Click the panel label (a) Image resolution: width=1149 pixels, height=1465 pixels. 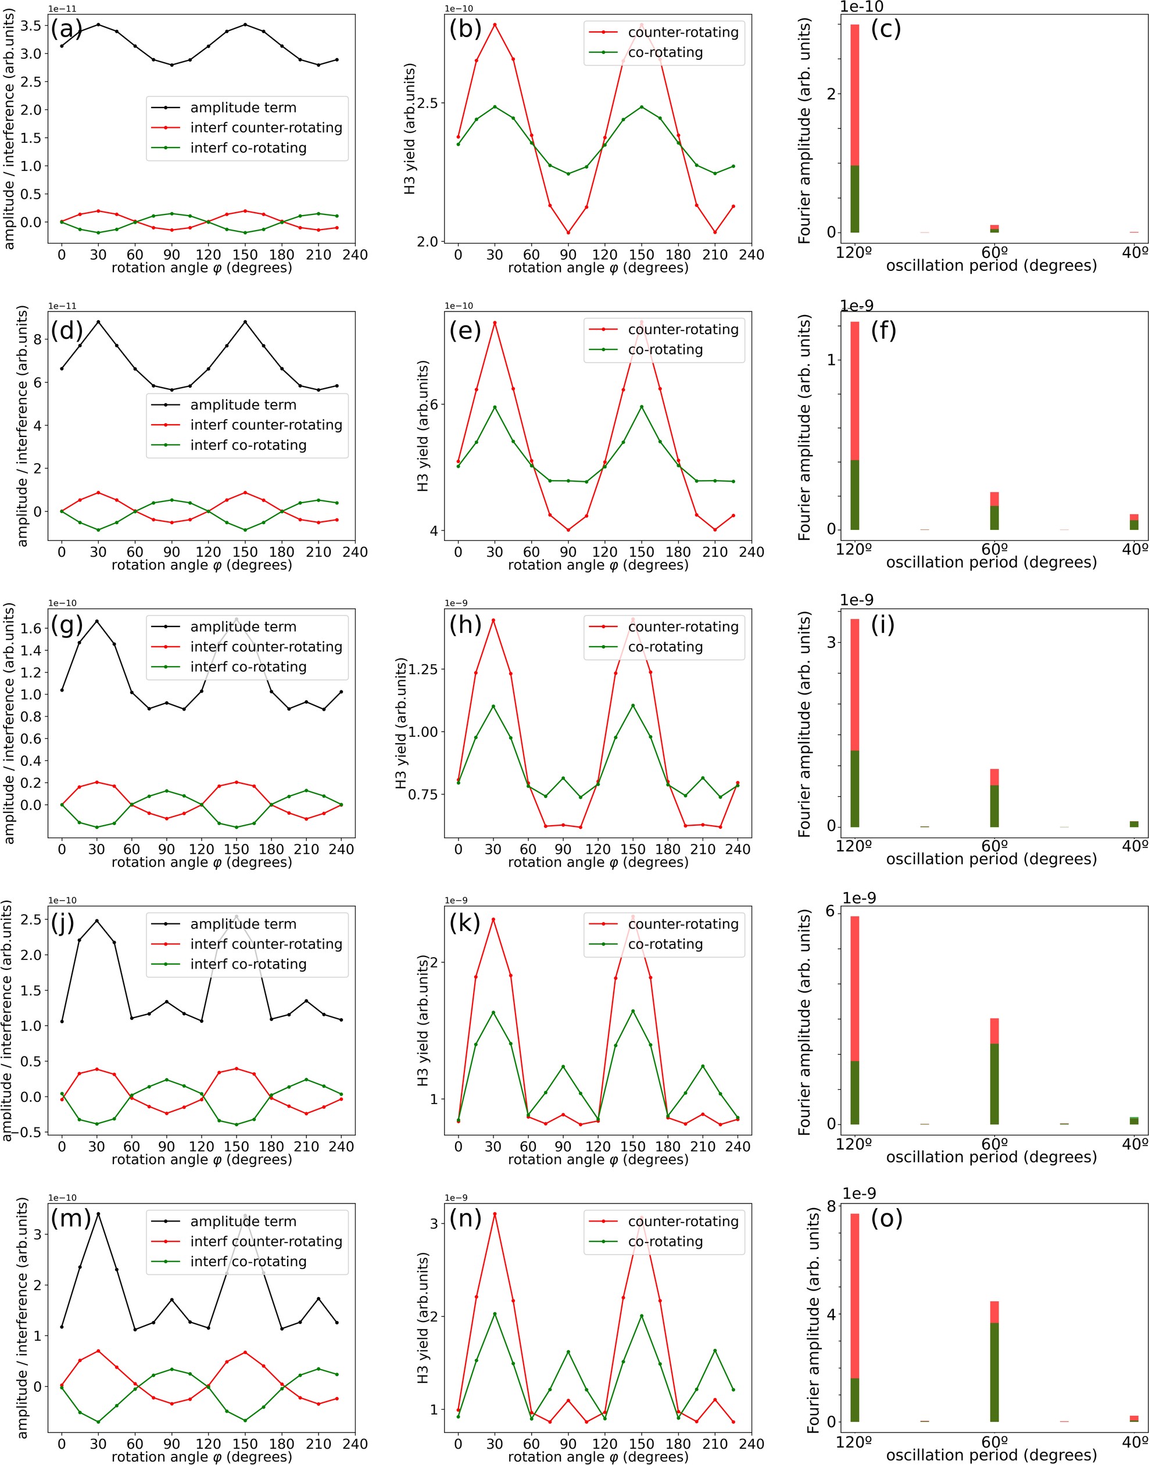66,29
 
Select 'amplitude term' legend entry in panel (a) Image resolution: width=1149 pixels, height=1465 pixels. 243,108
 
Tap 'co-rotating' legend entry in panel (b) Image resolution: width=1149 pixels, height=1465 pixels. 665,52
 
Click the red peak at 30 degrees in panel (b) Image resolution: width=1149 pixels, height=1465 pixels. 495,25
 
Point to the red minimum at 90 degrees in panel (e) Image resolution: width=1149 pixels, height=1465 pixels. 568,530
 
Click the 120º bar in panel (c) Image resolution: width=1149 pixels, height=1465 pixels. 855,128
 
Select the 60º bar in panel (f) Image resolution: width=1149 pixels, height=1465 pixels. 994,511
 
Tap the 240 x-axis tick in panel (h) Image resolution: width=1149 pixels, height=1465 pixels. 738,850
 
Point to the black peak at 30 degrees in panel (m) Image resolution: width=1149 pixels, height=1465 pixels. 98,1214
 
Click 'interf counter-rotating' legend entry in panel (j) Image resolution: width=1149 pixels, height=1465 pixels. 266,944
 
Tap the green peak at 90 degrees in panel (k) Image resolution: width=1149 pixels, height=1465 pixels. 564,1067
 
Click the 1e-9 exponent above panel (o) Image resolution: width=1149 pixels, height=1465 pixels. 859,1194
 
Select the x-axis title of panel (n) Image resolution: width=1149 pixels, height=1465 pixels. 598,1457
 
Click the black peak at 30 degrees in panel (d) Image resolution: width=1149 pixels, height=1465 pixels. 98,322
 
